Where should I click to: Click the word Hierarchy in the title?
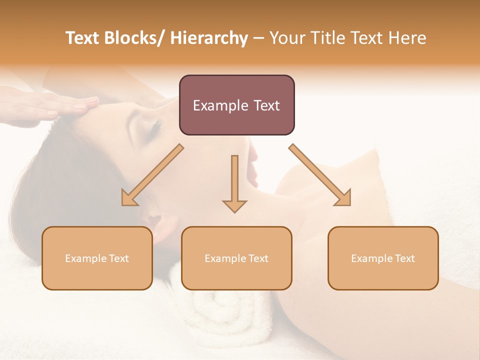pyautogui.click(x=209, y=38)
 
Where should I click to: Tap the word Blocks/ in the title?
pyautogui.click(x=133, y=38)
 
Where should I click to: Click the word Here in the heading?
pyautogui.click(x=407, y=38)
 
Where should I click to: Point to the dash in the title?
pyautogui.click(x=258, y=38)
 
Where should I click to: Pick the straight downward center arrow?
pyautogui.click(x=234, y=182)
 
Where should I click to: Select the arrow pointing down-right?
pyautogui.click(x=320, y=175)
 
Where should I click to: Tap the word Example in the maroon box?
pyautogui.click(x=219, y=105)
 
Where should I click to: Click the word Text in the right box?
pyautogui.click(x=404, y=258)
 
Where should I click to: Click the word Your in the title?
pyautogui.click(x=287, y=38)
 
